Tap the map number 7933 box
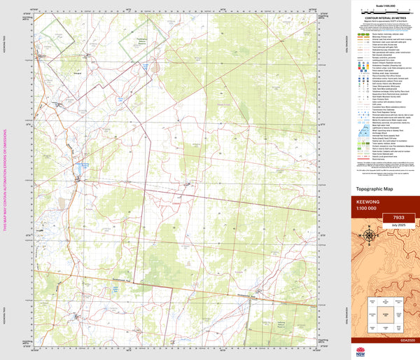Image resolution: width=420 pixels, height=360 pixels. [x=394, y=218]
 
